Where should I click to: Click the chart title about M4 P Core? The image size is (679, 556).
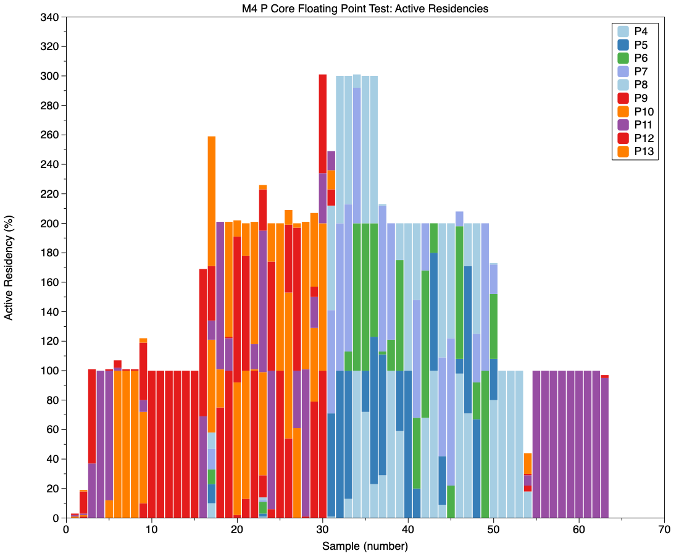pos(365,9)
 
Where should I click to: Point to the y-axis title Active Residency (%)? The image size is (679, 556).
pos(9,267)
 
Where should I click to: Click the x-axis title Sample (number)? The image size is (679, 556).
pos(365,546)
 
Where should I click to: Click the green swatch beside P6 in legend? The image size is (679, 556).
pos(623,58)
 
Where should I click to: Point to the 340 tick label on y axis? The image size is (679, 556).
pos(49,17)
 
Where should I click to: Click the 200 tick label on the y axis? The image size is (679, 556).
pos(49,224)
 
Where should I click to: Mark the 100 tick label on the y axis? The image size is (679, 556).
pos(49,371)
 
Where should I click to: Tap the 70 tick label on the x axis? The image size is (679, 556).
pos(664,530)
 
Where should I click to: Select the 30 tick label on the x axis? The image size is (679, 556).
pos(322,530)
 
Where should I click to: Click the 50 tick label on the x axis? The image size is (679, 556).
pos(493,530)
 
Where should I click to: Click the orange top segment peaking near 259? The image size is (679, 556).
pos(212,201)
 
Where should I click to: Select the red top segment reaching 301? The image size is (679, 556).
pos(322,124)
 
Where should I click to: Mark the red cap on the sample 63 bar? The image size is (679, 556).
pos(604,376)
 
